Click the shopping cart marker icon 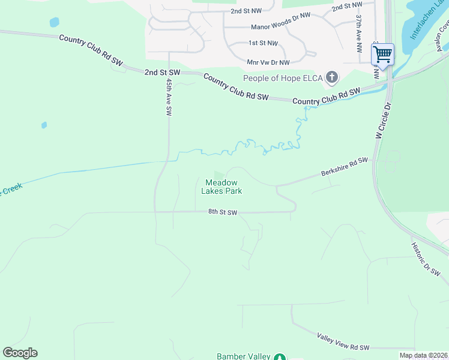pos(382,55)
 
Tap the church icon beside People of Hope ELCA pos(332,77)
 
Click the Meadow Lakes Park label pos(223,187)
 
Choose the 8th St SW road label pos(223,212)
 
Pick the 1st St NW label pos(264,43)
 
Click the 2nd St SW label pos(163,72)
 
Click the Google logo pos(20,353)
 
